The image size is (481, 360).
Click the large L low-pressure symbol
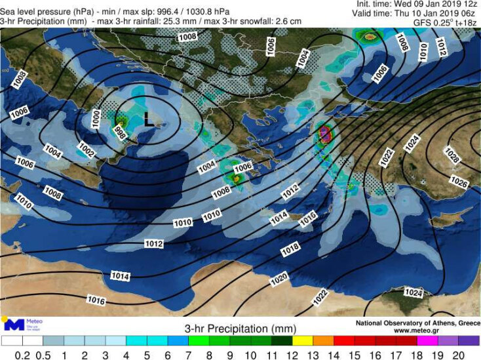148,120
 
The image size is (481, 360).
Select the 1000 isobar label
96,118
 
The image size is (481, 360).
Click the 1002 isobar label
86,150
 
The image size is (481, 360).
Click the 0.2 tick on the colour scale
23,355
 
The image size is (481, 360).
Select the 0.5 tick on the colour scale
44,355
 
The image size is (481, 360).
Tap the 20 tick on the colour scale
458,355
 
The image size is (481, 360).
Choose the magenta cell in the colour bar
427,341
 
